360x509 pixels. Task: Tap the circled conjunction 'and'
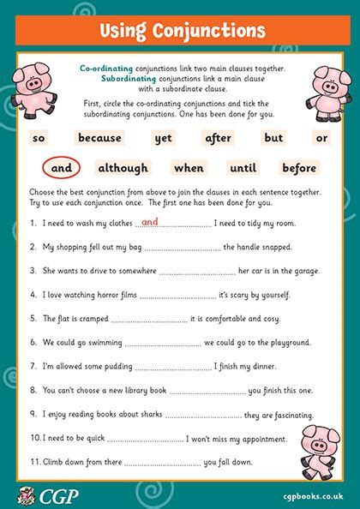tap(61, 168)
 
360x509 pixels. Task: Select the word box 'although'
tap(123, 168)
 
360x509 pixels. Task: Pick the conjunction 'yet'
tap(163, 137)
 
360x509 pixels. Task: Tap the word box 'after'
tap(224, 137)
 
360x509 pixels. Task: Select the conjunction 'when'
tap(188, 168)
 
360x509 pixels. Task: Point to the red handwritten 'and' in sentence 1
tap(149, 221)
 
